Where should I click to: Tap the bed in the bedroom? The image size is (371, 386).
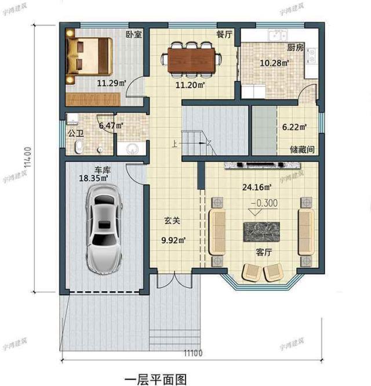(89, 55)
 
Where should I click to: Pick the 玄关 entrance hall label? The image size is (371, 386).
(171, 221)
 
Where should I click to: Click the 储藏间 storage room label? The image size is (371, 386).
(302, 149)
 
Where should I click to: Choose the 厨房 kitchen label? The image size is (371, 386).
(296, 48)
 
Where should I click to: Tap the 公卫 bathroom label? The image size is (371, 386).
(75, 133)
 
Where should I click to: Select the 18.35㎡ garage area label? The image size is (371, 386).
(93, 179)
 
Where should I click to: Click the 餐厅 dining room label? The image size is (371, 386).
(224, 34)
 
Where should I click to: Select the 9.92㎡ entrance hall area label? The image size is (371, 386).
(173, 240)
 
